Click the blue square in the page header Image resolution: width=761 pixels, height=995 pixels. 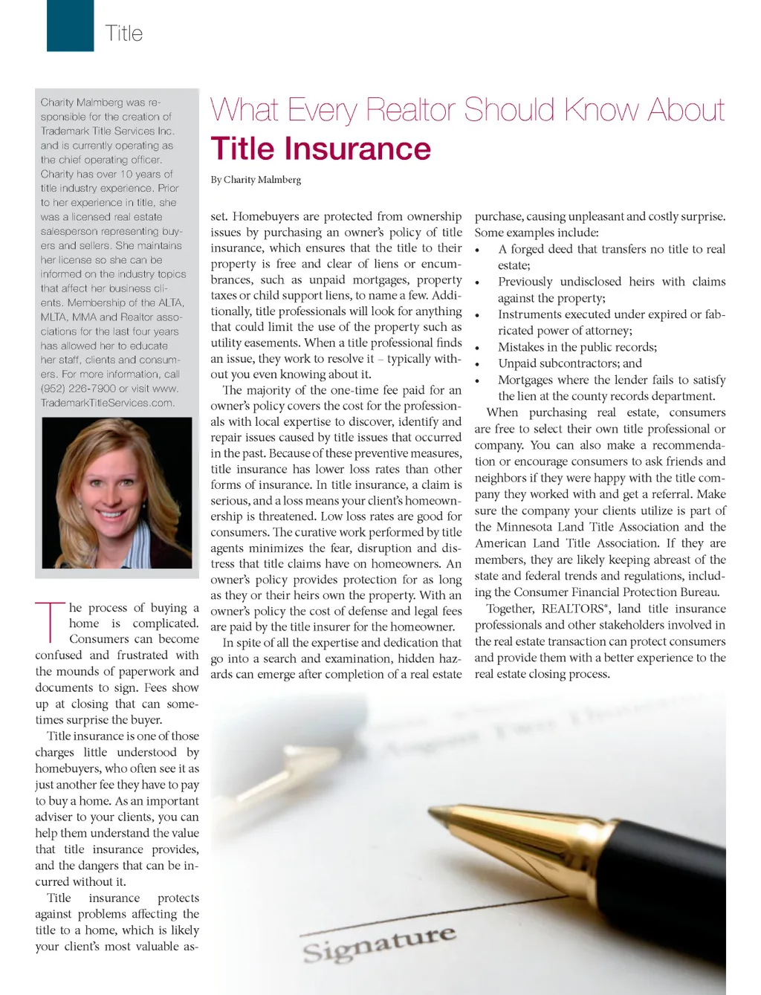(70, 26)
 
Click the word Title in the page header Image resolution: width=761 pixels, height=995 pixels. (123, 33)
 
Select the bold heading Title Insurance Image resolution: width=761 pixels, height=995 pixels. (320, 149)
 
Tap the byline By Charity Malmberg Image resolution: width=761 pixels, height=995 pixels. (256, 180)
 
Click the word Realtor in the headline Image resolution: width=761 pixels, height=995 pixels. (412, 110)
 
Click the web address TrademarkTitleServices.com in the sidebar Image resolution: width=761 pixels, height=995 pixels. (108, 403)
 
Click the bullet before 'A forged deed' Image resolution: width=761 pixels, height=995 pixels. (478, 250)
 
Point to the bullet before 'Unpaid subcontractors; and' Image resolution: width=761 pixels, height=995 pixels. (478, 365)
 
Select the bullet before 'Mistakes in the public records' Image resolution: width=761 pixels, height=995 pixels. (478, 349)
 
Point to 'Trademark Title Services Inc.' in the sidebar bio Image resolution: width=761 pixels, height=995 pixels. (107, 131)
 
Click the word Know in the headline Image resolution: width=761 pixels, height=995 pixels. (601, 110)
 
